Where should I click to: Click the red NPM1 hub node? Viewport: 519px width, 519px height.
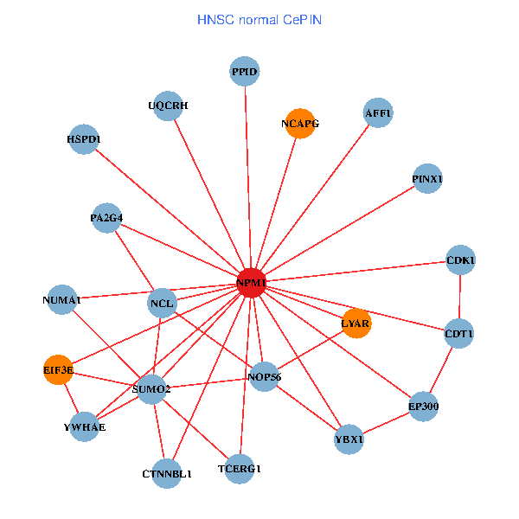(x=251, y=283)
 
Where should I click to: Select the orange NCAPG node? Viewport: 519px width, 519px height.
(x=299, y=124)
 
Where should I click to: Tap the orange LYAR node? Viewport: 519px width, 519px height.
(x=356, y=324)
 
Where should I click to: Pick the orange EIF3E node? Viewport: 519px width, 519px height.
(x=59, y=370)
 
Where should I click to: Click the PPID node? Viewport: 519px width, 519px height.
(x=245, y=71)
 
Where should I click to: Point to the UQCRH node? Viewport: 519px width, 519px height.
(x=168, y=106)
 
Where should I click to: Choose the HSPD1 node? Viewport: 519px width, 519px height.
(x=84, y=138)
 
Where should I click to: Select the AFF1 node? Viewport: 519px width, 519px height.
(x=378, y=113)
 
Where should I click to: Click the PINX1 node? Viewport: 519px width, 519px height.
(x=427, y=179)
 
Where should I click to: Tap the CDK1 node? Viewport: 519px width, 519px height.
(x=460, y=259)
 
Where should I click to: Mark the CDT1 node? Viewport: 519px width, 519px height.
(x=458, y=333)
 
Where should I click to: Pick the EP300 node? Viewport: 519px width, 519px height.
(x=423, y=407)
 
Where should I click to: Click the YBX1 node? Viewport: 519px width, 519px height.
(x=349, y=439)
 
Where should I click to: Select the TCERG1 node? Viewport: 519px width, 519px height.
(x=240, y=468)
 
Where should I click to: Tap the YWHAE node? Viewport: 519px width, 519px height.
(x=84, y=427)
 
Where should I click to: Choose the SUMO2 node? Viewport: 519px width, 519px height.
(x=151, y=389)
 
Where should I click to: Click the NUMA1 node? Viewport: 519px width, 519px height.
(x=61, y=300)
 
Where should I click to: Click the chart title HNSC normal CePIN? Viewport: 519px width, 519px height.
(x=259, y=19)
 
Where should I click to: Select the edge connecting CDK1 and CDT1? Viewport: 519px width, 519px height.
(x=459, y=296)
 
